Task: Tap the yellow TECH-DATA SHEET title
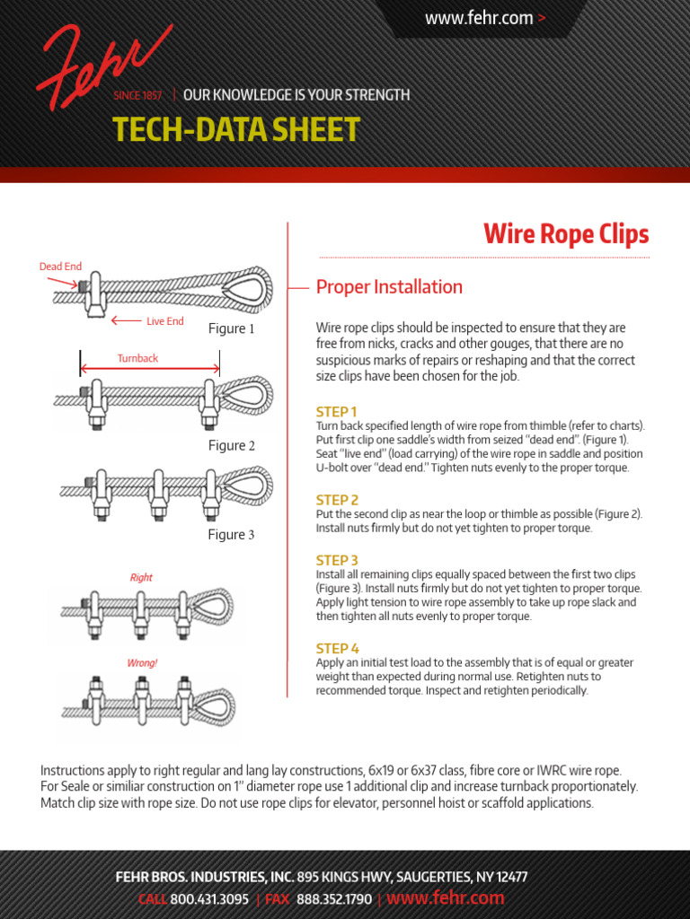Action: [x=236, y=129]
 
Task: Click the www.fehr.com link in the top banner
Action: [x=479, y=18]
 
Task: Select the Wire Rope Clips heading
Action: [x=566, y=234]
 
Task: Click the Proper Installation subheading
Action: [x=389, y=286]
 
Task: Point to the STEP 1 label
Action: [x=336, y=411]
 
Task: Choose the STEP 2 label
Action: [x=337, y=500]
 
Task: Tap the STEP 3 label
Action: [x=337, y=560]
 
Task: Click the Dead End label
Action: [x=60, y=267]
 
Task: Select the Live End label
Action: [x=165, y=321]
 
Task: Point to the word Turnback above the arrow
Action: [x=137, y=358]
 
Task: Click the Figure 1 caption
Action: [x=231, y=328]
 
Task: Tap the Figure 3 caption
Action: [x=231, y=535]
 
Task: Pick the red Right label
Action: [x=141, y=577]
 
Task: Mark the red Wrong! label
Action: [x=142, y=663]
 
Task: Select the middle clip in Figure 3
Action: [x=157, y=495]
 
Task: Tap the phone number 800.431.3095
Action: [x=209, y=899]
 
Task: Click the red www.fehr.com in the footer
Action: [x=446, y=897]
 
